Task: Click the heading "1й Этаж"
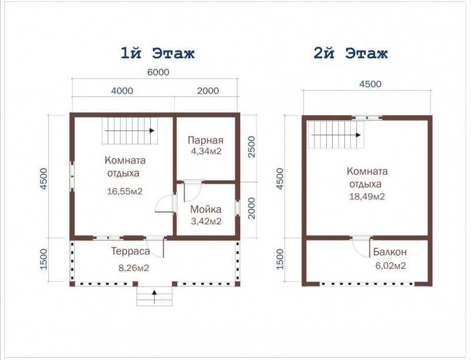[158, 54]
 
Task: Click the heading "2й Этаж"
[350, 54]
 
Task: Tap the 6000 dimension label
[158, 72]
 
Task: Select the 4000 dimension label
[122, 91]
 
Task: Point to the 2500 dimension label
[251, 146]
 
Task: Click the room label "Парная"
[205, 140]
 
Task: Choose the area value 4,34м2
[206, 151]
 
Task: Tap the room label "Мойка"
[205, 209]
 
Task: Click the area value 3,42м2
[206, 221]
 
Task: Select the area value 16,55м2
[125, 191]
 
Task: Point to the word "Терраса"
[131, 251]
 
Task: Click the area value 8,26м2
[134, 268]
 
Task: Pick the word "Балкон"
[390, 252]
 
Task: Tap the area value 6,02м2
[390, 265]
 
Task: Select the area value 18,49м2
[367, 196]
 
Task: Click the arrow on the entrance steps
[154, 296]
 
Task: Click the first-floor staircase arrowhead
[152, 131]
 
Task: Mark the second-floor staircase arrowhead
[358, 135]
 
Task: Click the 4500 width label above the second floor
[370, 84]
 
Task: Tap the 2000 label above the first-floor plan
[208, 91]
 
